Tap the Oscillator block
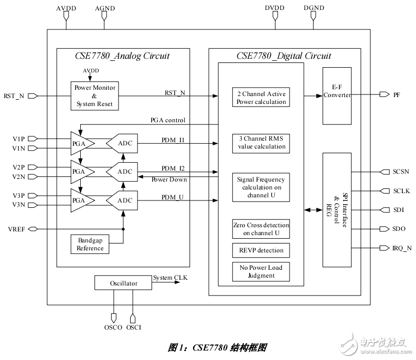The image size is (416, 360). point(124,283)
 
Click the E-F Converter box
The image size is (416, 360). point(337,96)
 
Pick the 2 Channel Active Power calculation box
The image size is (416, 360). point(261,98)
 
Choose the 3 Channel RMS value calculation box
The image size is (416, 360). point(261,143)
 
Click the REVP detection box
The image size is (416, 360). point(261,250)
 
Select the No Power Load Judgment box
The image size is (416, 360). point(261,271)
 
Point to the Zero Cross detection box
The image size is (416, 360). point(261,229)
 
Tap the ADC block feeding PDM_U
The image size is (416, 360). point(123,200)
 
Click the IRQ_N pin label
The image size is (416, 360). point(402,248)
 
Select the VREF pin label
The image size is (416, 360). point(14,229)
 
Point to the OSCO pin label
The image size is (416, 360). point(113,327)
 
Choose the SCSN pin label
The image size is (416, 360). point(401,172)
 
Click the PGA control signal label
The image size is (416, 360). point(168,120)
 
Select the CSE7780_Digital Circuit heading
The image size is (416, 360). point(284,56)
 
